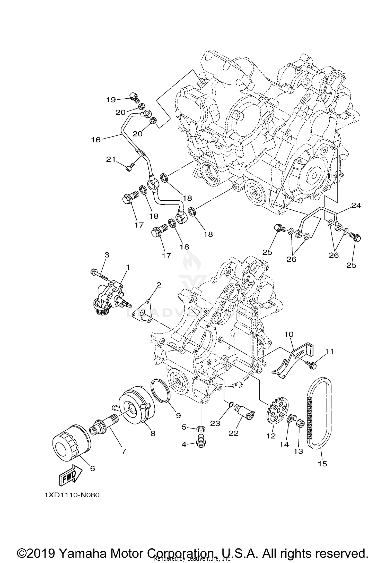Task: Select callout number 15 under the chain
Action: (322, 464)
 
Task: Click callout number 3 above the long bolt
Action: (107, 255)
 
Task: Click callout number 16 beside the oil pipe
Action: (96, 140)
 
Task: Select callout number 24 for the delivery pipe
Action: (356, 205)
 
